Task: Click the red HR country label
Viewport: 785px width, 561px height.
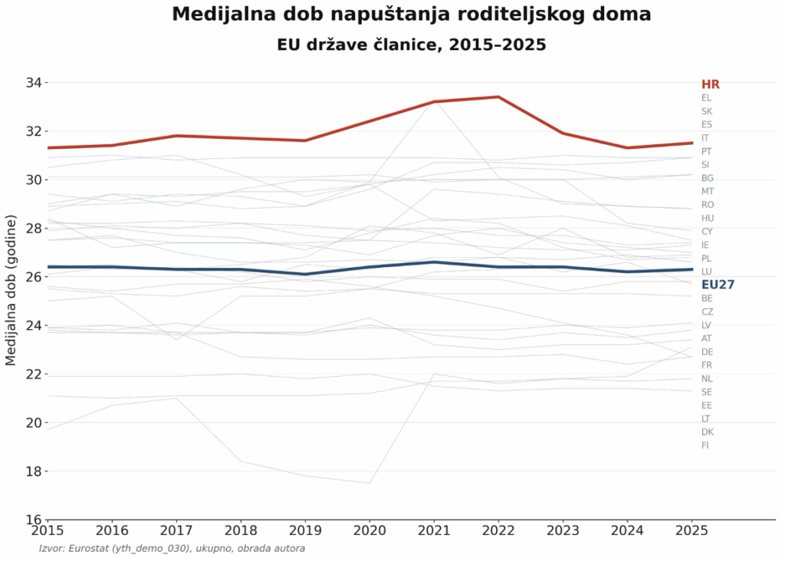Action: point(711,84)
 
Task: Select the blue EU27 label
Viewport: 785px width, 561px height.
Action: point(718,285)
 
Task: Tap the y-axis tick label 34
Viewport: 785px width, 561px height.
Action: point(34,82)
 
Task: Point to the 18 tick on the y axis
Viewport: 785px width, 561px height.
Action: point(34,471)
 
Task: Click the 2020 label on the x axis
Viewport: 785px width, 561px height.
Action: point(370,530)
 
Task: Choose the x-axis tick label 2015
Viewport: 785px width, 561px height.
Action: point(48,530)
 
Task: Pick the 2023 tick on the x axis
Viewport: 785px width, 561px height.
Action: point(563,530)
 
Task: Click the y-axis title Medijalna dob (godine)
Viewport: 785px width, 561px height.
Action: point(11,290)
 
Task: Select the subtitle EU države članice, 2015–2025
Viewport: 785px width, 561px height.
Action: point(412,45)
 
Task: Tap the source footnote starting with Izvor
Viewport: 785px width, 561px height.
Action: point(172,549)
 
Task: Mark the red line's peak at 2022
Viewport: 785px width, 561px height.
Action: point(498,97)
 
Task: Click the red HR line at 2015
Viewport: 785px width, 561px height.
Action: point(48,148)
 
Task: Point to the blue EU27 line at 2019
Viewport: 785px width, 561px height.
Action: point(305,274)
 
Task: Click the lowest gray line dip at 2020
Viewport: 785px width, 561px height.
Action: point(370,483)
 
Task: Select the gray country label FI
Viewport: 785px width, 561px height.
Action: point(705,445)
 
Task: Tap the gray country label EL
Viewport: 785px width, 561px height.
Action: point(706,97)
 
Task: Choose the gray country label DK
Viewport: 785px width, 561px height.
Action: point(708,432)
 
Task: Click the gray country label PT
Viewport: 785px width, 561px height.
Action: point(706,151)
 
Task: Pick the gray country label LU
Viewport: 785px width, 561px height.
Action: point(706,272)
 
